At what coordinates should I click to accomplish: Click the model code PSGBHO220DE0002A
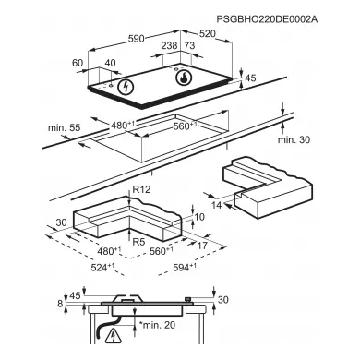(x=267, y=19)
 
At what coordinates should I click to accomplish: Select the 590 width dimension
(x=137, y=39)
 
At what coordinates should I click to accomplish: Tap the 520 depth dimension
(x=208, y=33)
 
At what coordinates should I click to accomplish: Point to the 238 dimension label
(x=169, y=46)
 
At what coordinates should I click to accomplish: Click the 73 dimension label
(x=190, y=46)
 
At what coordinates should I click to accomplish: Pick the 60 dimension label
(x=78, y=63)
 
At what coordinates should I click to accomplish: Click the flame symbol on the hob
(x=184, y=78)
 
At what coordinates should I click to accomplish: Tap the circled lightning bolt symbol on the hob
(x=126, y=87)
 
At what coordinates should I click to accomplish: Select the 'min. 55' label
(x=64, y=127)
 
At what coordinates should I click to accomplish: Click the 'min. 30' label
(x=294, y=139)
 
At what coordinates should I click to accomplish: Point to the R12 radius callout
(x=141, y=189)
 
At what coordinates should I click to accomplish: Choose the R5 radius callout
(x=138, y=242)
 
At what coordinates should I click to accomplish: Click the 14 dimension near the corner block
(x=217, y=205)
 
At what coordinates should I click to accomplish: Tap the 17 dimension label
(x=202, y=246)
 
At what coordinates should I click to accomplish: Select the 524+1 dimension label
(x=102, y=267)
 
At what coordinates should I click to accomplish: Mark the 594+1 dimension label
(x=185, y=268)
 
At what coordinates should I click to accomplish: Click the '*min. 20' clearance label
(x=157, y=325)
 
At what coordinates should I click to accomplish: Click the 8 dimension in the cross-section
(x=60, y=304)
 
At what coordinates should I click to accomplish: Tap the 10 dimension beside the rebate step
(x=199, y=217)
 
